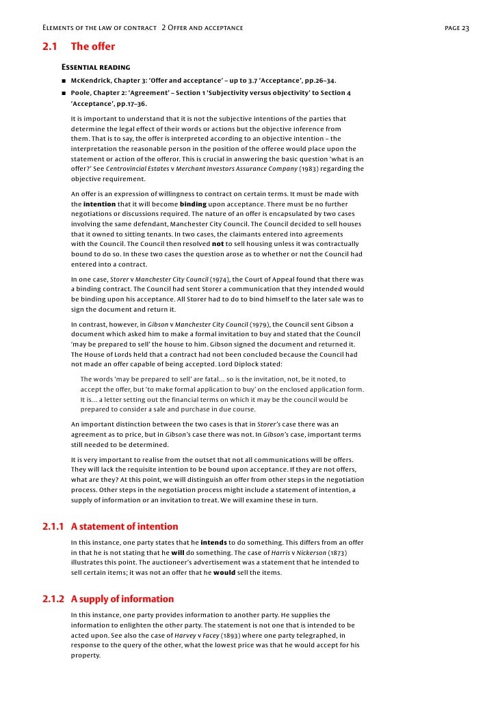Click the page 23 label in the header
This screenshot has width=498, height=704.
tap(457, 28)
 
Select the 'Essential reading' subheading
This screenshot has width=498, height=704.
tap(96, 68)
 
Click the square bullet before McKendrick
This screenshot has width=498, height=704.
tap(64, 80)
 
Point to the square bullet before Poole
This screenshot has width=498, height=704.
tap(64, 92)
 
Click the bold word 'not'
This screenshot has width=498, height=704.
tap(218, 244)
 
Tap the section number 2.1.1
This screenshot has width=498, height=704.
tap(53, 526)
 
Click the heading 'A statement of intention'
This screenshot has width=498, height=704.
tap(124, 526)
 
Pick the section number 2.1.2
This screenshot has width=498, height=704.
tap(53, 599)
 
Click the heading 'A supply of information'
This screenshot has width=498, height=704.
tap(122, 599)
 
